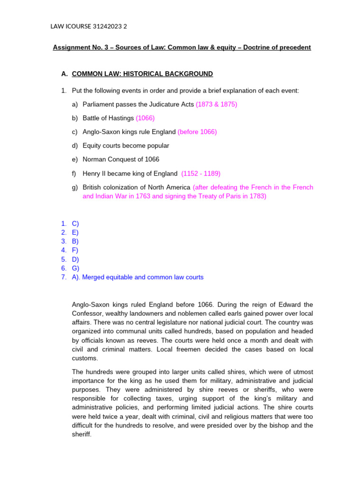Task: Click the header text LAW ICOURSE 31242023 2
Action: (89, 27)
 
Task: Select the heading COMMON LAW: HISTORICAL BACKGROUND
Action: (142, 74)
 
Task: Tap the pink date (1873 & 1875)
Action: (217, 104)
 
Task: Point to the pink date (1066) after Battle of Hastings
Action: (145, 118)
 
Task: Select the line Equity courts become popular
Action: (126, 146)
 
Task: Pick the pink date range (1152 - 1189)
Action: (200, 173)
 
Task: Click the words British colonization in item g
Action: (112, 187)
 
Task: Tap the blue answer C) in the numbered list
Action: (75, 223)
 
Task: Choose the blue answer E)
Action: (75, 232)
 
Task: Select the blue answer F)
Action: (75, 250)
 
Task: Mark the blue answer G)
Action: (75, 268)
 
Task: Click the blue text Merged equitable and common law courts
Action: (143, 277)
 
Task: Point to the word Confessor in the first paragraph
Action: (88, 313)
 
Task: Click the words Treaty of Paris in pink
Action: (210, 196)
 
